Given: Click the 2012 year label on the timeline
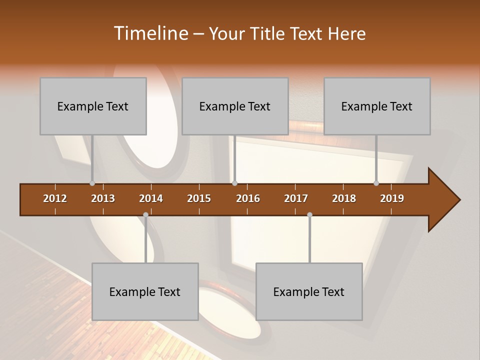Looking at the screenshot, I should [x=55, y=198].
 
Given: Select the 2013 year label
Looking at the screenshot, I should [x=103, y=198].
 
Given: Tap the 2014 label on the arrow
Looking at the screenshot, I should [x=151, y=198].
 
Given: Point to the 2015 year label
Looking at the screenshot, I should [x=199, y=198].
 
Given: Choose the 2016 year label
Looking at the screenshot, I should [x=248, y=198].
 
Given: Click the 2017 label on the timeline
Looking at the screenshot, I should [x=296, y=198].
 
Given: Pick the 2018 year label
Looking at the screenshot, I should [x=344, y=198].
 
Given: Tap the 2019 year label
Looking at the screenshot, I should [x=392, y=198].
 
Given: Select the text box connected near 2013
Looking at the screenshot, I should [x=93, y=106].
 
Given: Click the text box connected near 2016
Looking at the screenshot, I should [x=235, y=106].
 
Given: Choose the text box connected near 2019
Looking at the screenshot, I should [x=377, y=106].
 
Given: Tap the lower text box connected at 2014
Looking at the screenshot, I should [x=145, y=291].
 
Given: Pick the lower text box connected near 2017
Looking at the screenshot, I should [x=309, y=291].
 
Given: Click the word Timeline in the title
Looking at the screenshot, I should [x=149, y=33].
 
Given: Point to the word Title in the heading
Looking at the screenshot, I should [x=268, y=33].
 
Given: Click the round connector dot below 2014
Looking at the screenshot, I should [x=145, y=214].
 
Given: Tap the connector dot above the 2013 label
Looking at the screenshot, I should [x=92, y=183].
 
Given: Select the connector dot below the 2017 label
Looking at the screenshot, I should [x=309, y=214].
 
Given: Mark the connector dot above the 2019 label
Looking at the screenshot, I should [x=376, y=183].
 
